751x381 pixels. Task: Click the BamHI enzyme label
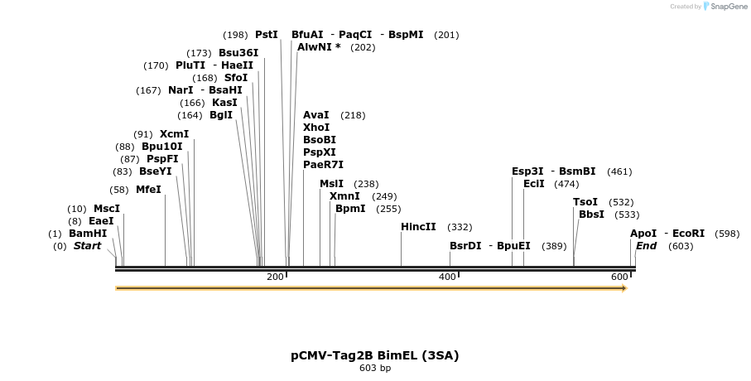[88, 234]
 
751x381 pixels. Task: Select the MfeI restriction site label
[148, 189]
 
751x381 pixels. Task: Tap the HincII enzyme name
[418, 226]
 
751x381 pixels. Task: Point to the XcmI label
[174, 134]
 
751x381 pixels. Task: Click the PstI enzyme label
[267, 35]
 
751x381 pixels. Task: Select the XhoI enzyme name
[316, 128]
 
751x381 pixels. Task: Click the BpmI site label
[350, 209]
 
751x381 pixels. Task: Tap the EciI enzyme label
[534, 184]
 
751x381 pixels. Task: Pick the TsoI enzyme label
[585, 202]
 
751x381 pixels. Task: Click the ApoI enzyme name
[643, 234]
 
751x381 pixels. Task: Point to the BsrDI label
[465, 246]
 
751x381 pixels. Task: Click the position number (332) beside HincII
[460, 227]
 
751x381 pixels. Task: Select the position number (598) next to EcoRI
[727, 234]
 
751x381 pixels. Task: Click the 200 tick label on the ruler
[276, 277]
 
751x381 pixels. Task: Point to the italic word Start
[87, 246]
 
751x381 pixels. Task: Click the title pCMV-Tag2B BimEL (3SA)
[374, 355]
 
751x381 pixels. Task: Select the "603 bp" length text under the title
[374, 369]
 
